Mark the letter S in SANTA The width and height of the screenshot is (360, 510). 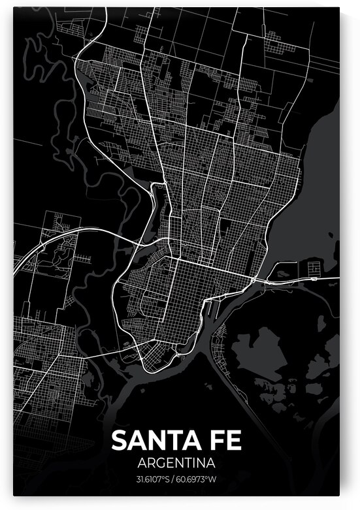[x=120, y=441]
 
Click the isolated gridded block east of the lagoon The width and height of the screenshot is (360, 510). [x=312, y=267]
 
